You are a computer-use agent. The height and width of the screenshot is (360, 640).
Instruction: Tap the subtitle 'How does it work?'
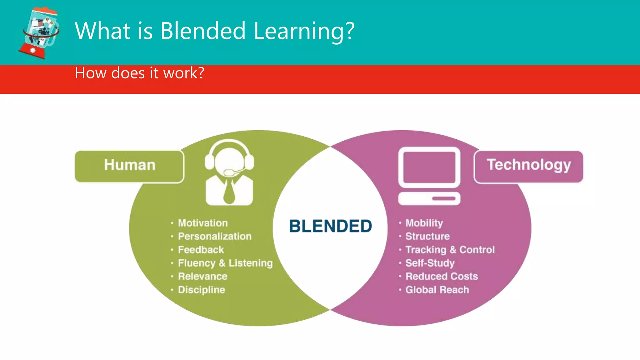click(139, 73)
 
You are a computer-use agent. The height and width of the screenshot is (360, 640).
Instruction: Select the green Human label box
click(129, 166)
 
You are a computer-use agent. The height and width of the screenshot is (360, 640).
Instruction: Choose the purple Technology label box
click(528, 166)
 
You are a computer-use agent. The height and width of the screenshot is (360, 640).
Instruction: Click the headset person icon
click(229, 172)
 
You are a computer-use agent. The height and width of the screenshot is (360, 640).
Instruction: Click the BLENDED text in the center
click(330, 226)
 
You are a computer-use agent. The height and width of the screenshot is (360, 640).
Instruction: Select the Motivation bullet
click(203, 223)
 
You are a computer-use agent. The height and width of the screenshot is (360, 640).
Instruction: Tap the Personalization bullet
click(215, 236)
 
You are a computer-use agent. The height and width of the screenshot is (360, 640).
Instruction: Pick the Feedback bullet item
click(201, 250)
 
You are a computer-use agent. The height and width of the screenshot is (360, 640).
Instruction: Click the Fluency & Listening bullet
click(225, 263)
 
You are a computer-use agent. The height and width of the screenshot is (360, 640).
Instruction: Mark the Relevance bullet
click(202, 276)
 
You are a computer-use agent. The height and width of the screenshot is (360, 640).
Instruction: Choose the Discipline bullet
click(202, 290)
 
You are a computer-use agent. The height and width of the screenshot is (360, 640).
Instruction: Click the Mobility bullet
click(424, 223)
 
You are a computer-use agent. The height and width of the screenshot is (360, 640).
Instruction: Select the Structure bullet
click(427, 236)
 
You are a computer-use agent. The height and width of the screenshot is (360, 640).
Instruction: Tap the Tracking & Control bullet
click(450, 250)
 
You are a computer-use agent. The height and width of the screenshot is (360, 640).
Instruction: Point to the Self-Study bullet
click(430, 263)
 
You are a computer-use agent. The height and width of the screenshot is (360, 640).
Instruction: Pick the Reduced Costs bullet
click(442, 276)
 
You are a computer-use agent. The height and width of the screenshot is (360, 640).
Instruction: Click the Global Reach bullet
click(437, 290)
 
